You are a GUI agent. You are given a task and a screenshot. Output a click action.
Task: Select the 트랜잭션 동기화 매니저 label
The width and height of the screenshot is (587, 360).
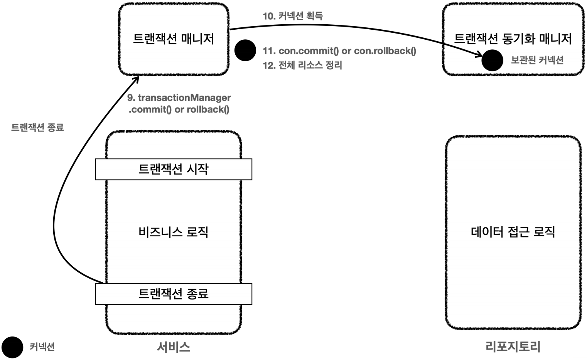(x=513, y=39)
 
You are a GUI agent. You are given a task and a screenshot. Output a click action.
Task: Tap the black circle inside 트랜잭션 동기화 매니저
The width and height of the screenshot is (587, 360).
(x=492, y=61)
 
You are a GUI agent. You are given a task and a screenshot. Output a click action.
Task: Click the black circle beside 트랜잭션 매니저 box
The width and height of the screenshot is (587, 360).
(x=245, y=50)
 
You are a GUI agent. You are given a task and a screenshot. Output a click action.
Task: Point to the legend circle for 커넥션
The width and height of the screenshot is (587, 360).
(x=12, y=347)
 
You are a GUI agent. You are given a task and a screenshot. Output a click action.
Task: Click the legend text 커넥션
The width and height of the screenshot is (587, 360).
(x=42, y=347)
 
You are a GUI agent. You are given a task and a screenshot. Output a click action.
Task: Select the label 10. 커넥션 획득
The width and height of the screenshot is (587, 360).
(x=293, y=16)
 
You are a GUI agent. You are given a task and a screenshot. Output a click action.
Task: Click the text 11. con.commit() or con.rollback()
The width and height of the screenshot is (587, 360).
(x=339, y=51)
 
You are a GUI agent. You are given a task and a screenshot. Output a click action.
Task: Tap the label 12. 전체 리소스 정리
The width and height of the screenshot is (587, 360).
(x=302, y=65)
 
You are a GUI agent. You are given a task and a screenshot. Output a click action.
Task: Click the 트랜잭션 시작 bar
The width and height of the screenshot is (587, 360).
(x=174, y=169)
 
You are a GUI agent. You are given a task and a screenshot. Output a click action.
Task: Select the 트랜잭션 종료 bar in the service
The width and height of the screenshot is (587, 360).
(x=174, y=294)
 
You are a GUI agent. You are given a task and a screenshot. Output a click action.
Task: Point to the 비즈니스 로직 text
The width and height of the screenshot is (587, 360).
(x=173, y=232)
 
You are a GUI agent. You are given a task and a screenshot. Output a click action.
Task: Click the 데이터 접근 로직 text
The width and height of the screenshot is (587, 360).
(x=513, y=232)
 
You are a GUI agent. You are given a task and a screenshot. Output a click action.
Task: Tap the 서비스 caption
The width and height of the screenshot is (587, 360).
(x=174, y=347)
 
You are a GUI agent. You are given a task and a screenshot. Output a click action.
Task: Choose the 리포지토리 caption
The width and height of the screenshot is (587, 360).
(x=513, y=347)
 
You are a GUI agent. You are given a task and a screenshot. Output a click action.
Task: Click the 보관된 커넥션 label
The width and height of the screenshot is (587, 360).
(x=537, y=60)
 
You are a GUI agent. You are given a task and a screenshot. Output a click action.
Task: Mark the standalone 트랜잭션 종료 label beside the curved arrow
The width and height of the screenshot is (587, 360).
(x=37, y=127)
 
